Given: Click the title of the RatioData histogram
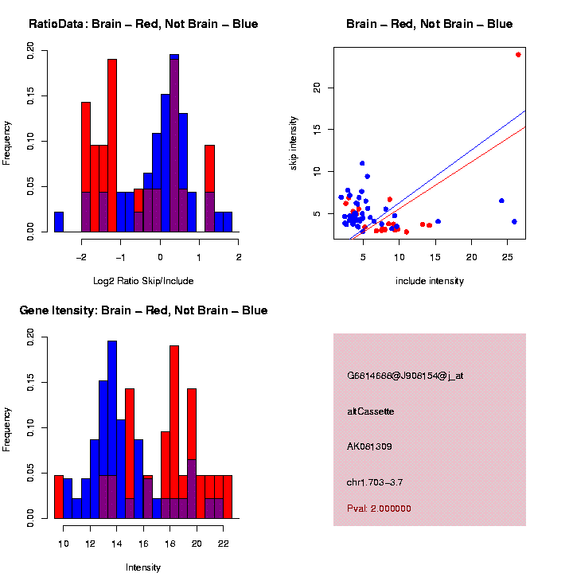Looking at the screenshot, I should [143, 24].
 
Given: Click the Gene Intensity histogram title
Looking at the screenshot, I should [143, 310].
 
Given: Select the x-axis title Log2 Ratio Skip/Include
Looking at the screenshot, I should [143, 281].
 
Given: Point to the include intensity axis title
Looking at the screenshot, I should [430, 281].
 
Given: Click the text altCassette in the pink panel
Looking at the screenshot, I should [371, 411].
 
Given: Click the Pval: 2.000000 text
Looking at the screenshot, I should [380, 509].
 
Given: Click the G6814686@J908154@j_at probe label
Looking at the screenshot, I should [405, 376].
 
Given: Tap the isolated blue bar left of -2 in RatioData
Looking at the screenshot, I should [59, 222].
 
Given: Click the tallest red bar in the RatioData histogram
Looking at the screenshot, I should [112, 143].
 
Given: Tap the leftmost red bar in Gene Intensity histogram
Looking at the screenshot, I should [59, 497].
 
